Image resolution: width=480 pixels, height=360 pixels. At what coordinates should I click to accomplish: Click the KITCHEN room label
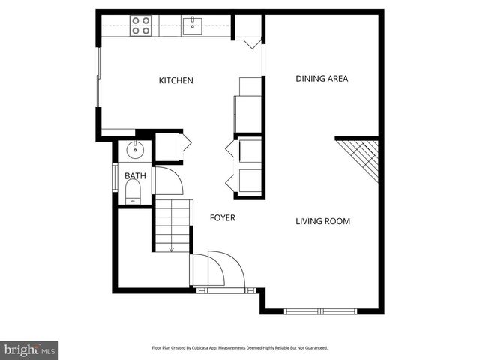[x=176, y=80]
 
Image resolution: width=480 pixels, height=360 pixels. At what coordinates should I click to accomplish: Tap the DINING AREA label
[x=322, y=78]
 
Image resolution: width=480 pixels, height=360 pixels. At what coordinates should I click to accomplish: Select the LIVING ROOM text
[x=322, y=221]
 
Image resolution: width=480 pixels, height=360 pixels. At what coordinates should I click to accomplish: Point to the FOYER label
[x=223, y=218]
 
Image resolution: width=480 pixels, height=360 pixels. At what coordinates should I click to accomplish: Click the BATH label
[x=136, y=176]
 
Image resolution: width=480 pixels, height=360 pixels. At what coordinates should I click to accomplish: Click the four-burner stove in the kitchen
[x=140, y=26]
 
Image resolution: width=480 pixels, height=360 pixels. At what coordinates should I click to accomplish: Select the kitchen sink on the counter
[x=192, y=26]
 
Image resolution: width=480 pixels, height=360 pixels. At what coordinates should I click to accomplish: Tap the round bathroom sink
[x=136, y=149]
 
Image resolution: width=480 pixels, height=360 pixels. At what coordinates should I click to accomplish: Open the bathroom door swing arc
[x=166, y=181]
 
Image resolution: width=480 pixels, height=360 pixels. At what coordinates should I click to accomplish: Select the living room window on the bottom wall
[x=320, y=310]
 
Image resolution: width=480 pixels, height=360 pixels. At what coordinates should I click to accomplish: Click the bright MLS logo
[x=29, y=349]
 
